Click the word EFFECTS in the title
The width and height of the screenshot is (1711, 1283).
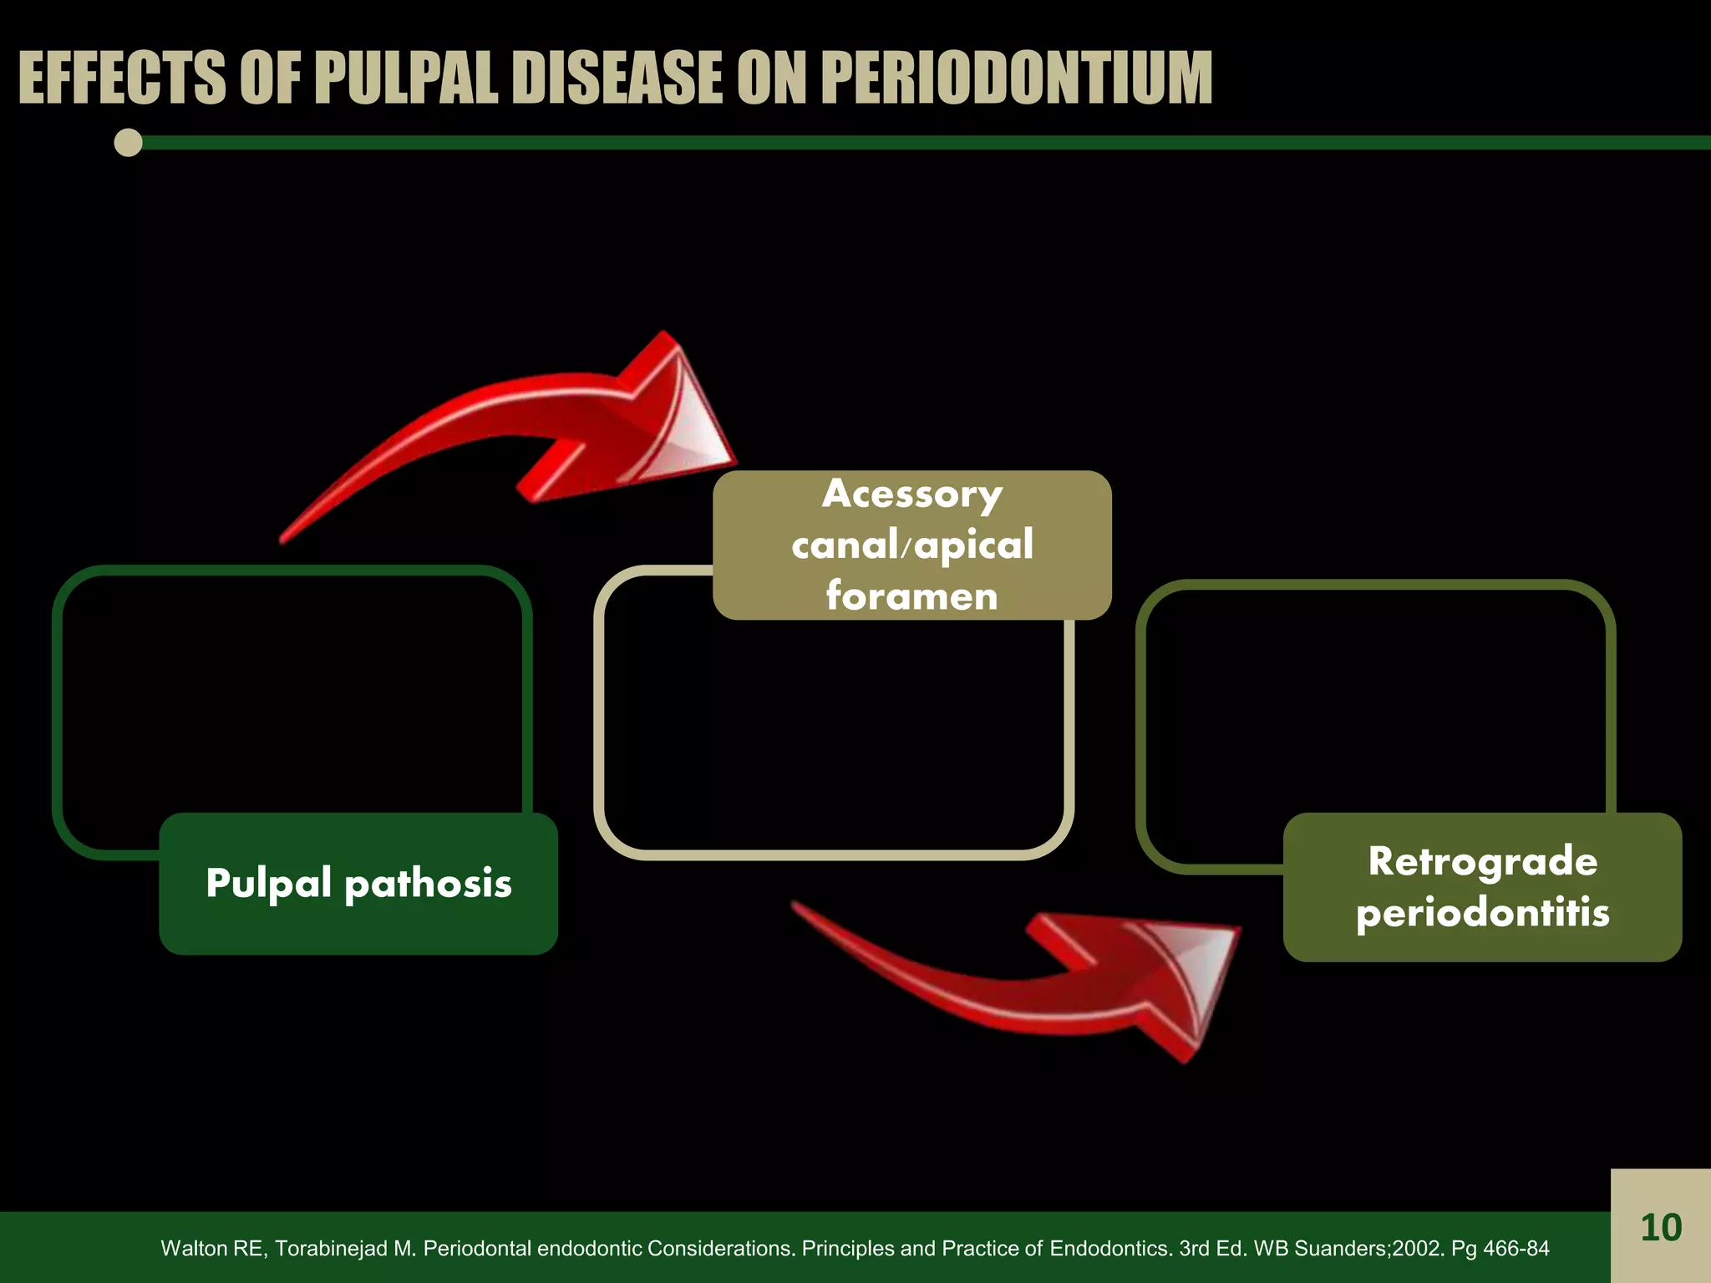pos(122,79)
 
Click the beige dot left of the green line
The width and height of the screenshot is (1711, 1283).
pos(128,143)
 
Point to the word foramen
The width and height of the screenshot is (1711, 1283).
pos(911,596)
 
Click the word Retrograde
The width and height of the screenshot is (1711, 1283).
pos(1482,861)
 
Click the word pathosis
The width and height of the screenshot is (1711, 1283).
pos(428,884)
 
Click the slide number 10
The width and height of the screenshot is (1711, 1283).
pos(1660,1228)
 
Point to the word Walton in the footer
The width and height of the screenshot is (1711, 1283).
pos(189,1249)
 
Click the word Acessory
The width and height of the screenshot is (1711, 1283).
pos(911,494)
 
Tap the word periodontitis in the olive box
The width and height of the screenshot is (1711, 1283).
pos(1482,912)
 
